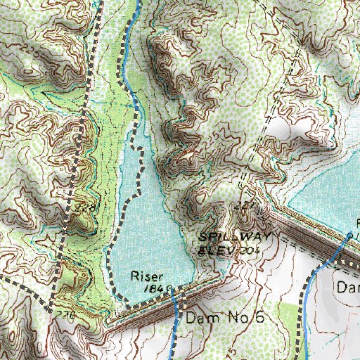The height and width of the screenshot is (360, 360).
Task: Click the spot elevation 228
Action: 85,208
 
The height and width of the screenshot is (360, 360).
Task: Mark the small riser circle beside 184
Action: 171,289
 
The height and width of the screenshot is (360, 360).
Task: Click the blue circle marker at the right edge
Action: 349,233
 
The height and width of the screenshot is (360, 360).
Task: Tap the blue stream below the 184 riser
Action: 175,330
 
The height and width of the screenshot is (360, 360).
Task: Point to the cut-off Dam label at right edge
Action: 347,288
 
